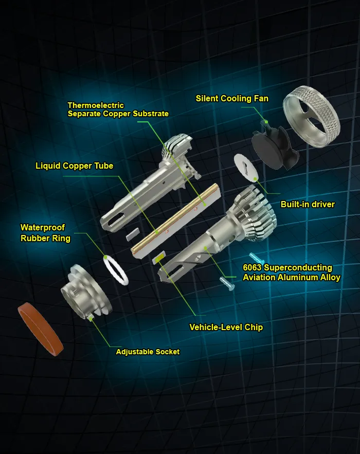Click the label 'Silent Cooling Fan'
pos(232,99)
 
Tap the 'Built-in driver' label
pos(308,205)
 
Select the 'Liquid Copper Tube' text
pos(74,166)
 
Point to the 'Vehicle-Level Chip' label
pos(226,327)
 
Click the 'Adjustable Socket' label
pos(148,352)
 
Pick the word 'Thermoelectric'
pos(96,105)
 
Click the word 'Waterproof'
pos(43,227)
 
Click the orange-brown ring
pos(40,329)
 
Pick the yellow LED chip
pos(159,257)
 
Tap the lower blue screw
pos(227,282)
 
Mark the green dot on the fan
pos(266,122)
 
